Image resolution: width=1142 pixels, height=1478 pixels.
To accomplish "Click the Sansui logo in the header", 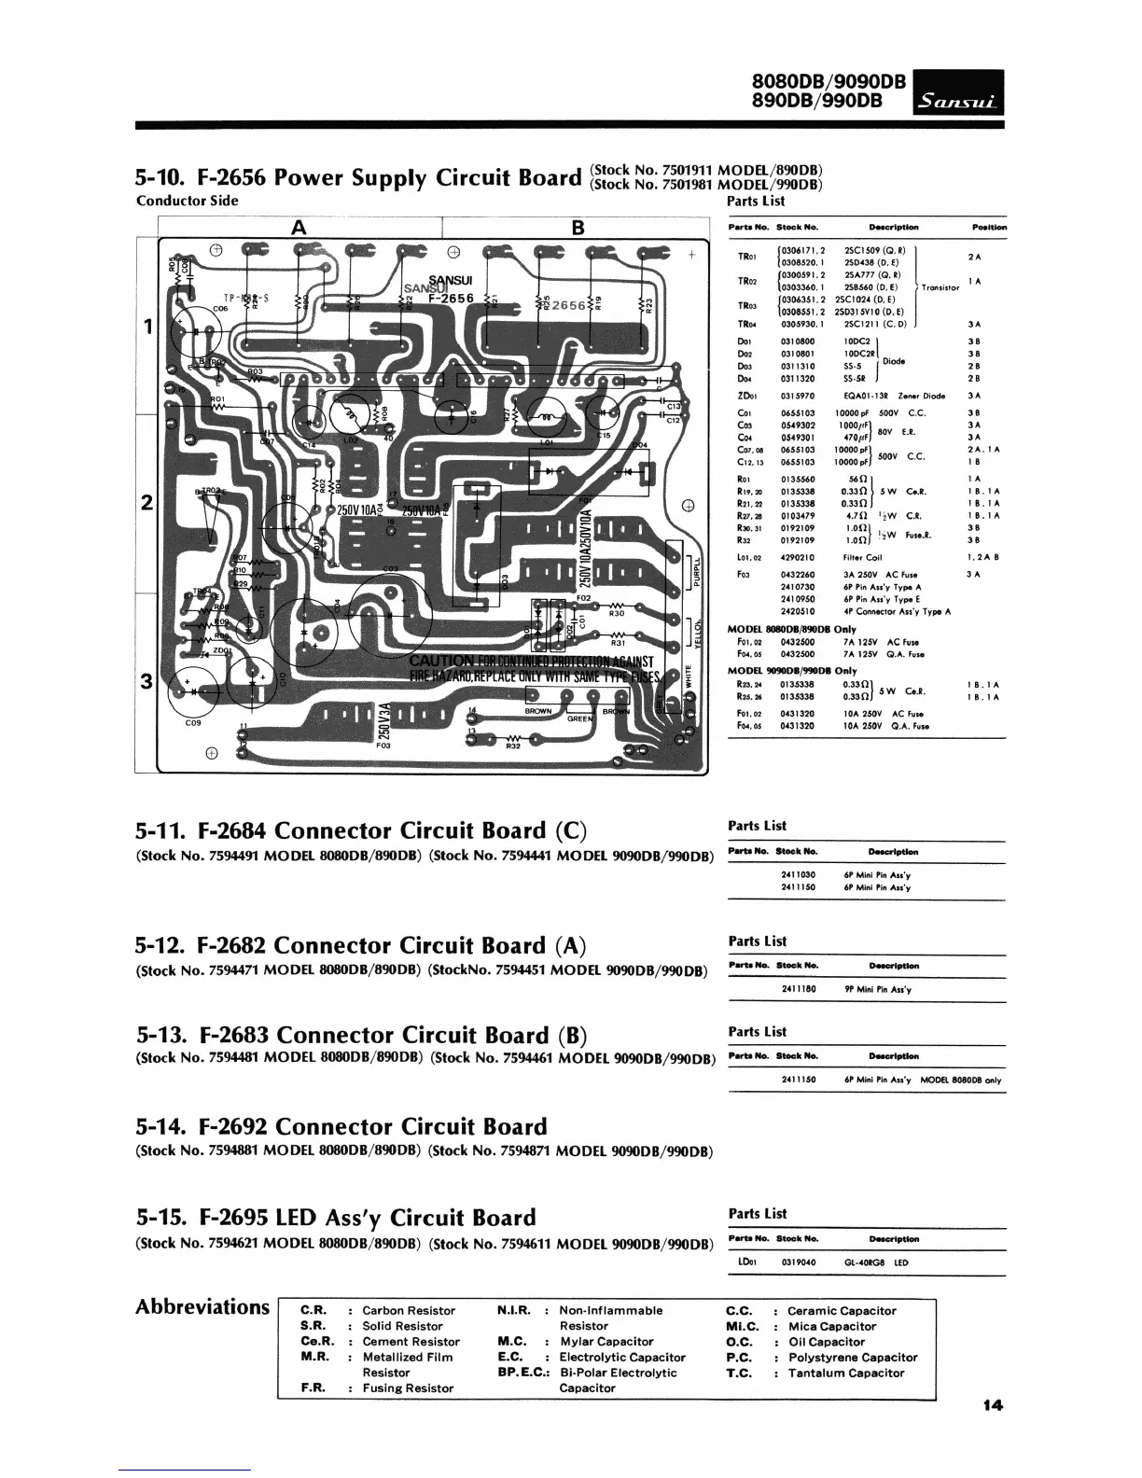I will pyautogui.click(x=959, y=98).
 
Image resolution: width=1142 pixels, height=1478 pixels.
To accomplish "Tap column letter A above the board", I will pyautogui.click(x=299, y=227).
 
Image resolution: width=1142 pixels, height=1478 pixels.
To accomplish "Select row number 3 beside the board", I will pyautogui.click(x=146, y=680).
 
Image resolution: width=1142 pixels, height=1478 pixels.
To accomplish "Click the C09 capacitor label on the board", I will pyautogui.click(x=193, y=722).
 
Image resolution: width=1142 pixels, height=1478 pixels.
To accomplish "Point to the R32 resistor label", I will pyautogui.click(x=512, y=746).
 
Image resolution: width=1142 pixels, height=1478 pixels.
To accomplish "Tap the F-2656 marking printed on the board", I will pyautogui.click(x=452, y=299).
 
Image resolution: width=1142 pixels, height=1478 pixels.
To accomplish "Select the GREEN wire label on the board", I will pyautogui.click(x=580, y=719).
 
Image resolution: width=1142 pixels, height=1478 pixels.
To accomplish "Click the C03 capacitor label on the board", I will pyautogui.click(x=391, y=568).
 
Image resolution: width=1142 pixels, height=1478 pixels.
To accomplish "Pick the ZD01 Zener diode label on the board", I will pyautogui.click(x=222, y=650).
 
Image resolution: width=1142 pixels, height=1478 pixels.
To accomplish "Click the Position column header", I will pyautogui.click(x=988, y=227).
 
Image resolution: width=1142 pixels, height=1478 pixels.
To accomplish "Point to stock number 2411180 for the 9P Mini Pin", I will pyautogui.click(x=798, y=989).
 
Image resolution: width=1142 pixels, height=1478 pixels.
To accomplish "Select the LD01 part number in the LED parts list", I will pyautogui.click(x=746, y=1262).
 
